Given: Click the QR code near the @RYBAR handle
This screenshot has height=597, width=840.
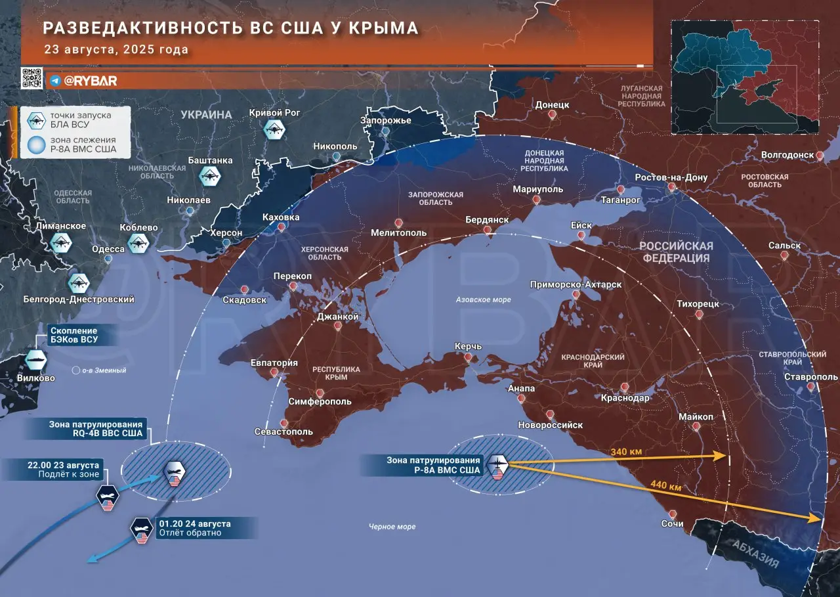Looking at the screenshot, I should click(x=32, y=78).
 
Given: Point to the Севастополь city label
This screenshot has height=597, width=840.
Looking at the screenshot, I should click(x=283, y=431).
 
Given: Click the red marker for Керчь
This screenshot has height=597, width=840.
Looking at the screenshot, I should click(x=468, y=357).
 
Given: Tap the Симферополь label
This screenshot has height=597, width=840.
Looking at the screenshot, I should click(x=320, y=401).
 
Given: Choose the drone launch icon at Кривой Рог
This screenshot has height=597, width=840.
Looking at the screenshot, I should click(x=274, y=129).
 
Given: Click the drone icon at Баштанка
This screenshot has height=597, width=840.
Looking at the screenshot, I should click(x=210, y=175).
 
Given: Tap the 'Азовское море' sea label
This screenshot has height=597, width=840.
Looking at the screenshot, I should click(x=483, y=299).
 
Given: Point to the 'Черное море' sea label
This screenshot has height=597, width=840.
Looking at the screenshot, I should click(x=392, y=526).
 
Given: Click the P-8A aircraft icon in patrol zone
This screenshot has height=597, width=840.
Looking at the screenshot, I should click(x=497, y=466).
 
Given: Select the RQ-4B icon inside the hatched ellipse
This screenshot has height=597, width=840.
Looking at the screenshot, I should click(x=175, y=472).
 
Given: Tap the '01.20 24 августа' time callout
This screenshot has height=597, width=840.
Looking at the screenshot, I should click(x=194, y=528).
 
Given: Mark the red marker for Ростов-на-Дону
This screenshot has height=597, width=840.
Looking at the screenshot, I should click(x=672, y=188).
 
